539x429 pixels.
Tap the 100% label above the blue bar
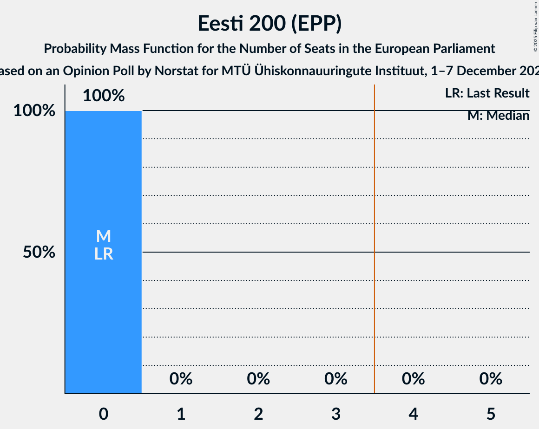coord(104,96)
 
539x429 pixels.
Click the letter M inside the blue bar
coord(103,236)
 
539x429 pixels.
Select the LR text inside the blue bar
coord(103,254)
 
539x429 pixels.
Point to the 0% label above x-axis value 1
coord(181,379)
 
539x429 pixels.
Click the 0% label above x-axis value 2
coord(258,379)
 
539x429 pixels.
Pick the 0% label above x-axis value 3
coord(336,379)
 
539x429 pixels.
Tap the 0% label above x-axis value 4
coord(413,379)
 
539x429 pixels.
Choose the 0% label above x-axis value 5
coord(491,379)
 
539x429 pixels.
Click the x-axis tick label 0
coord(103,414)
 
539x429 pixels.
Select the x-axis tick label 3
coord(336,414)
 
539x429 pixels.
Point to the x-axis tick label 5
coord(491,414)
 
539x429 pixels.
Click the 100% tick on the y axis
coord(34,111)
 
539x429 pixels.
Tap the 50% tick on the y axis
coord(39,253)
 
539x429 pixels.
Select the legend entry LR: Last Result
coord(487,93)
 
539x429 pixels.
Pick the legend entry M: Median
coord(498,116)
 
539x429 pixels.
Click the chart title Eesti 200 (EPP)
coord(269,23)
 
